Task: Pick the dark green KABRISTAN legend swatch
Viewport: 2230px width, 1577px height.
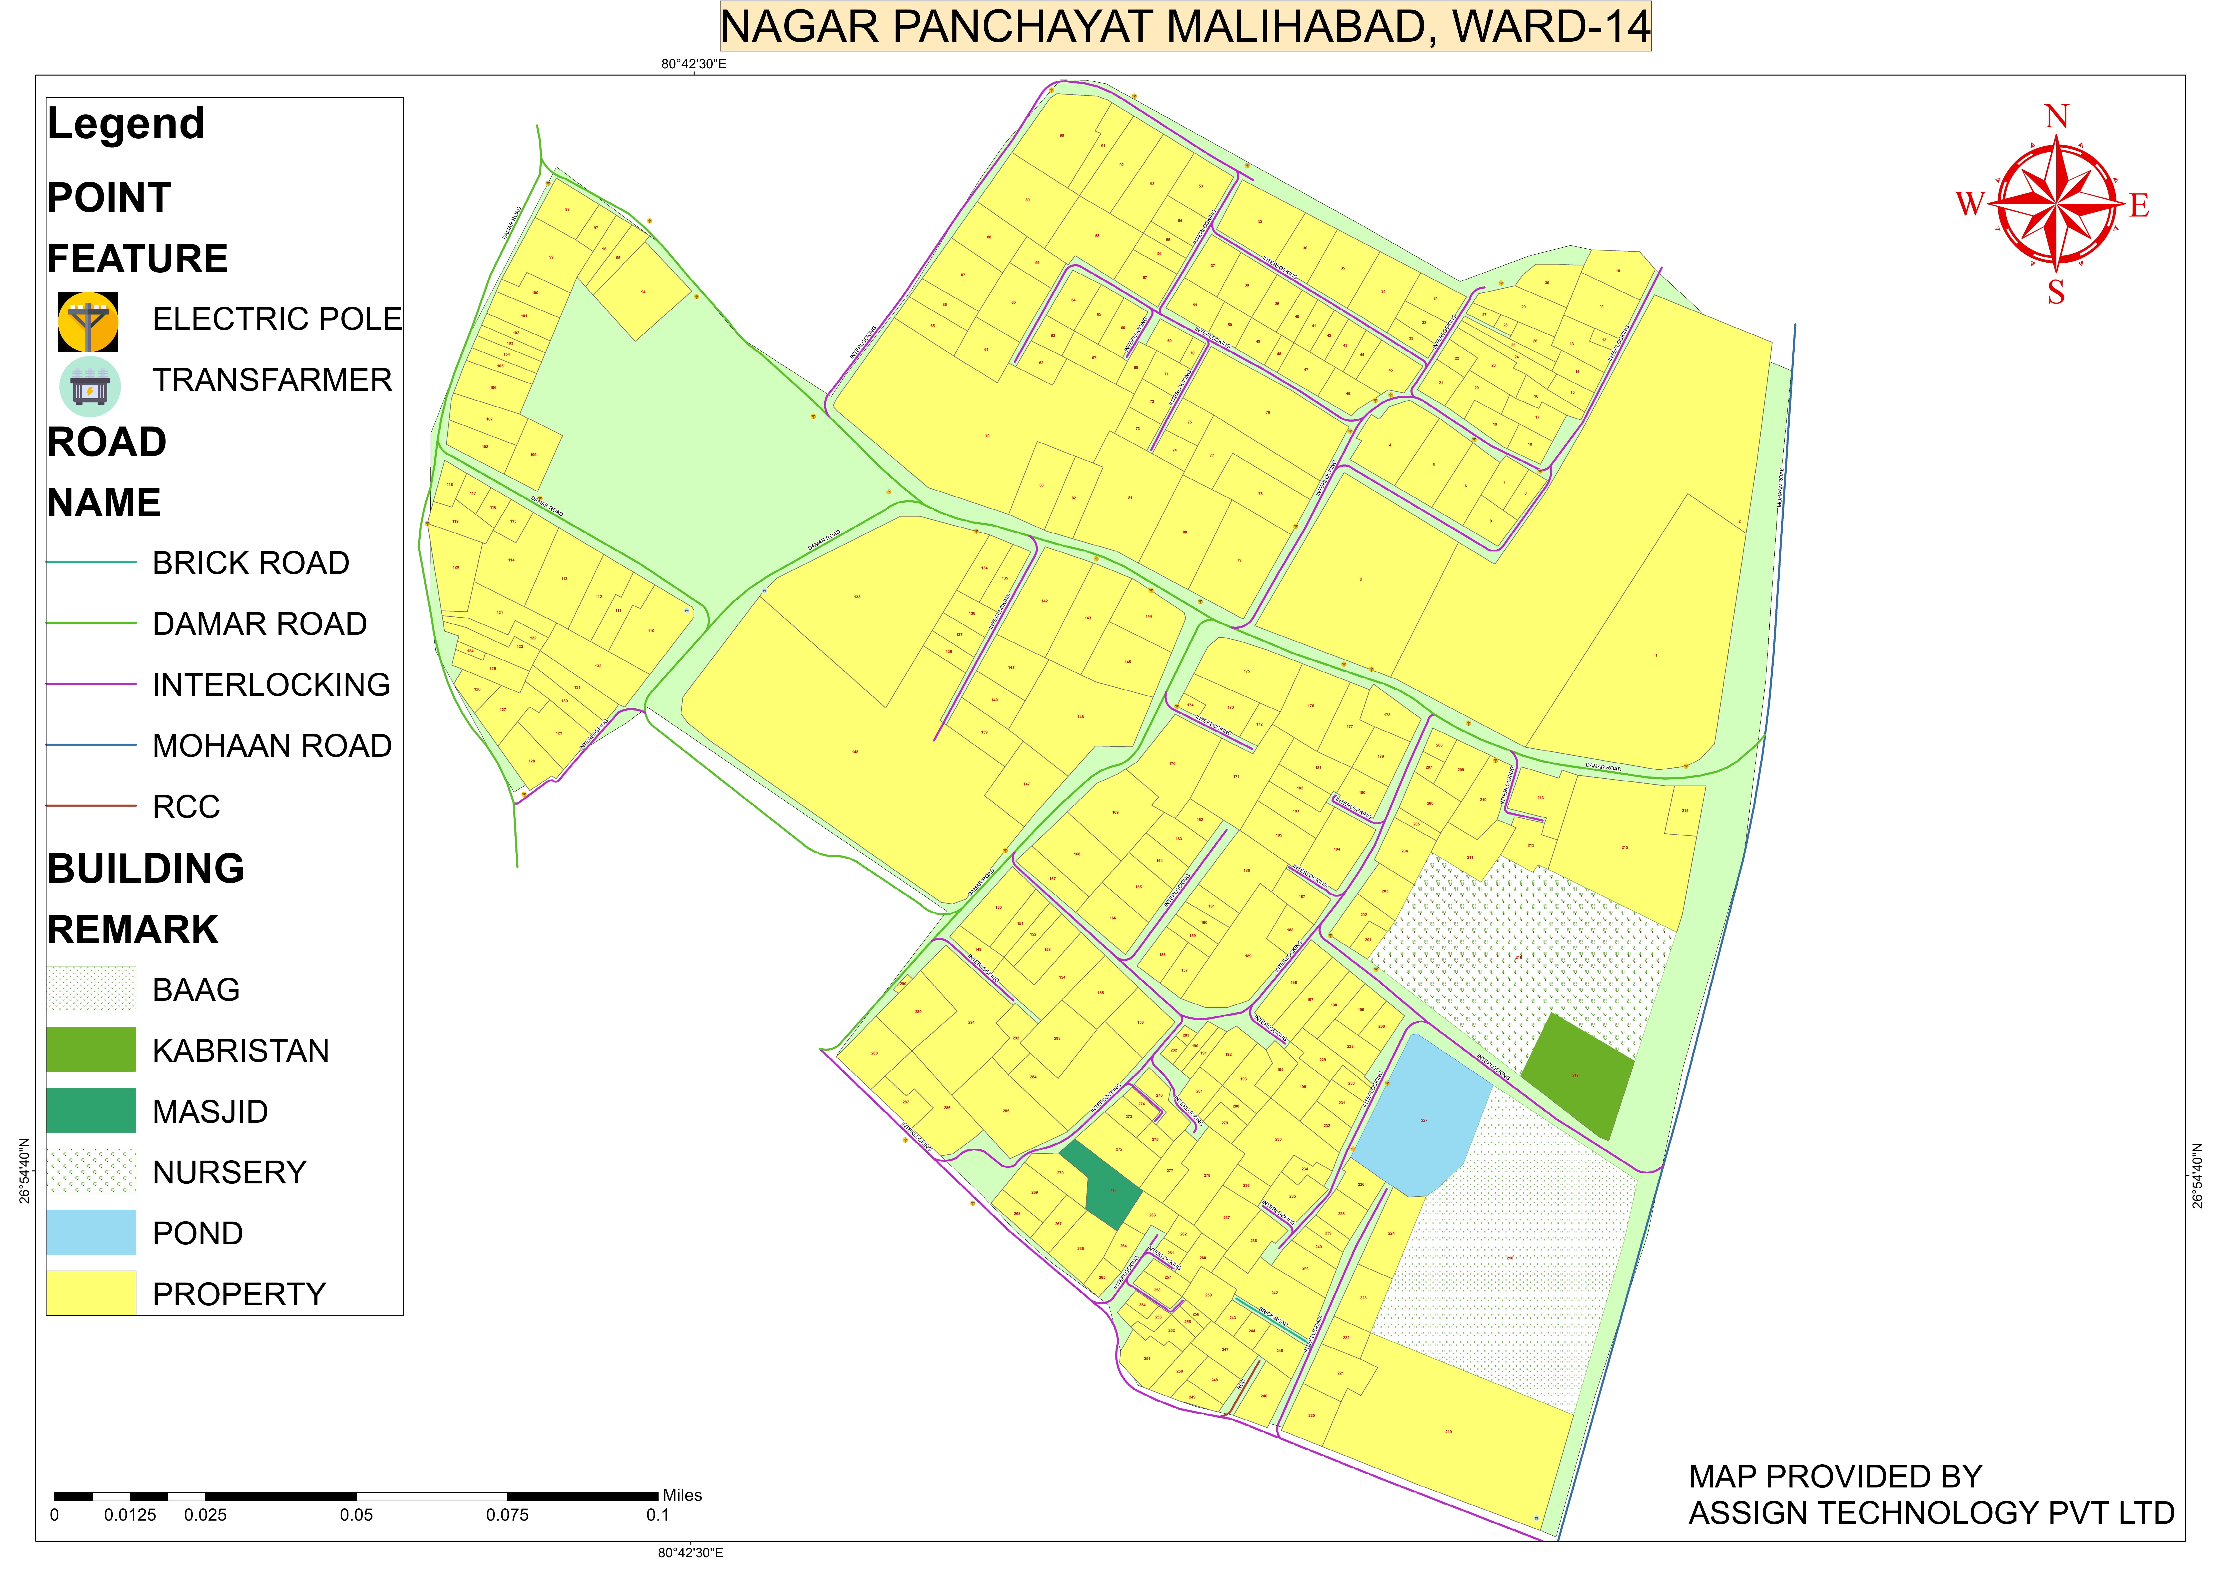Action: coord(91,1050)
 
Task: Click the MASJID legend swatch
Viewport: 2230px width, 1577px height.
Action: coord(91,1111)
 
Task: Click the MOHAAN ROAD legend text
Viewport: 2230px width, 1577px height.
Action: coord(272,746)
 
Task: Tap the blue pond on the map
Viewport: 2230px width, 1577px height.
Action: coord(1420,1117)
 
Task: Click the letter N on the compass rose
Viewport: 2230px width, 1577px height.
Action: coord(2056,117)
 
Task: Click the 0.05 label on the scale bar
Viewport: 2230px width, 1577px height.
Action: coord(357,1515)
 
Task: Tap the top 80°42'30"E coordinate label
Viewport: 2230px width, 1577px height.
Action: coord(694,64)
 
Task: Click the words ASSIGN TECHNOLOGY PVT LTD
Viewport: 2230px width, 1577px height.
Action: coord(1931,1513)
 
